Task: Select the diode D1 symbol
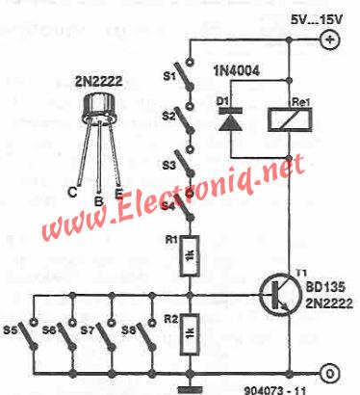point(230,119)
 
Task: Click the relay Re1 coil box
point(290,119)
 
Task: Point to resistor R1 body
point(190,255)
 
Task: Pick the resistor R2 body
point(190,334)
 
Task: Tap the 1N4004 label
point(236,71)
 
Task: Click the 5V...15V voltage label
point(316,19)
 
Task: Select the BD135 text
point(325,287)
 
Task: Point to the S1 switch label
point(170,76)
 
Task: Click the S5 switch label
point(11,330)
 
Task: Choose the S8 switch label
point(128,330)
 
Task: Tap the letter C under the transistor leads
point(73,192)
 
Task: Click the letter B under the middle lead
point(98,201)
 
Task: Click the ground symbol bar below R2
point(190,389)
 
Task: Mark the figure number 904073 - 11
point(275,389)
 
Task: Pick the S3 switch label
point(169,165)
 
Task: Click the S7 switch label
point(89,330)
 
